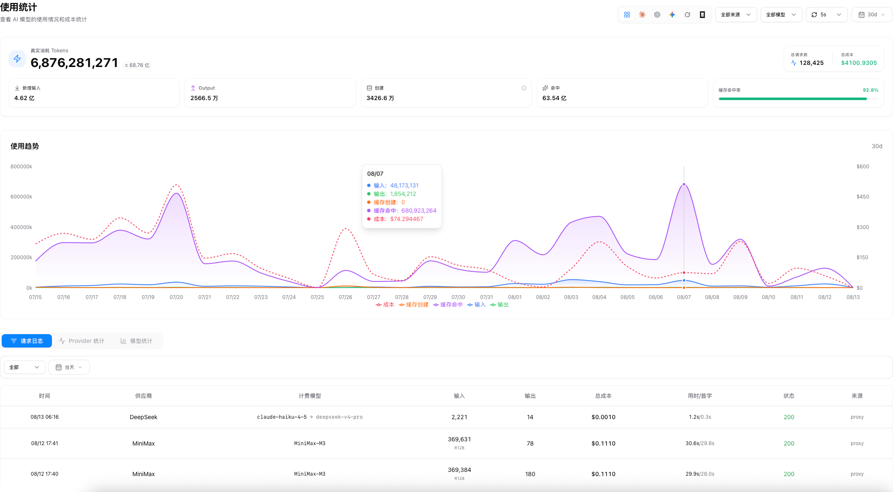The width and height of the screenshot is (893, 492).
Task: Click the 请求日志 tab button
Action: tap(27, 341)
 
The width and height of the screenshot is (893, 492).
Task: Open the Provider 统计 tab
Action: tap(82, 341)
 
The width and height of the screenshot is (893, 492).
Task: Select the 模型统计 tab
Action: tap(137, 341)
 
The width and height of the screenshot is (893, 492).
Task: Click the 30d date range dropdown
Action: tap(872, 15)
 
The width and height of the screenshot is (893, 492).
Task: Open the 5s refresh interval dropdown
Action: tap(826, 15)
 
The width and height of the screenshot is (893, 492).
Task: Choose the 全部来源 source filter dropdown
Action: tap(736, 15)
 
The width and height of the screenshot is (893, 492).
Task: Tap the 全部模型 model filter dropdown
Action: tap(781, 15)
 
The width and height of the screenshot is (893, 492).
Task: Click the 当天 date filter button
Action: tap(69, 367)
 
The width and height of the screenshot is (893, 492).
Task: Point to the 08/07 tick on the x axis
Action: tap(684, 297)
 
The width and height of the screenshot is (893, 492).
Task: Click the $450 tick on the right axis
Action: tap(863, 197)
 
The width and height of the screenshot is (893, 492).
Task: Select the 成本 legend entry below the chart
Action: tap(385, 305)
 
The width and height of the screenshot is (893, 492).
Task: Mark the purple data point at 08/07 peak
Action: tap(684, 184)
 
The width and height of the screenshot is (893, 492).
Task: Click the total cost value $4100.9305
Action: tap(859, 63)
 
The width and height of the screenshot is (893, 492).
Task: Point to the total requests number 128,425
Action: tap(811, 63)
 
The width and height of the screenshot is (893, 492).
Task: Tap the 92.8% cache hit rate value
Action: tap(871, 90)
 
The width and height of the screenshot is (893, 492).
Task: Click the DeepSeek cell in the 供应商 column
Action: tap(144, 417)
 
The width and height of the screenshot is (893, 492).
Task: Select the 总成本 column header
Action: tap(604, 396)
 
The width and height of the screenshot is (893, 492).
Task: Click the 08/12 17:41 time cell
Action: tap(45, 443)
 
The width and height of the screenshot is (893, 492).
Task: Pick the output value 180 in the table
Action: tap(530, 474)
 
